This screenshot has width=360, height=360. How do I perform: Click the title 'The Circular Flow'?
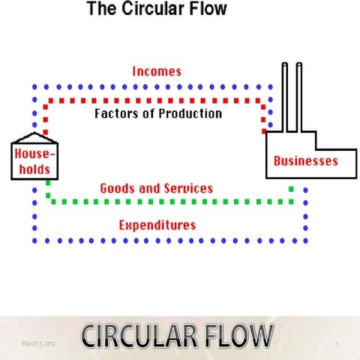156,10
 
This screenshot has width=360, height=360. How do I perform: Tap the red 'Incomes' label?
157,72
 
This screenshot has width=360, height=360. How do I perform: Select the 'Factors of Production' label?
158,114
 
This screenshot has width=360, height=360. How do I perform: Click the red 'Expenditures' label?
157,225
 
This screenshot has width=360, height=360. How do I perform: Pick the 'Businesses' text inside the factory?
305,160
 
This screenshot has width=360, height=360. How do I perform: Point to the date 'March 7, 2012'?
39,343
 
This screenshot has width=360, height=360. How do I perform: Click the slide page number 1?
337,343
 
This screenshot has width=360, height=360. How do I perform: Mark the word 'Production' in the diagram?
190,114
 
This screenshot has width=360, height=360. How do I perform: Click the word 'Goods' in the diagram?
116,188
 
